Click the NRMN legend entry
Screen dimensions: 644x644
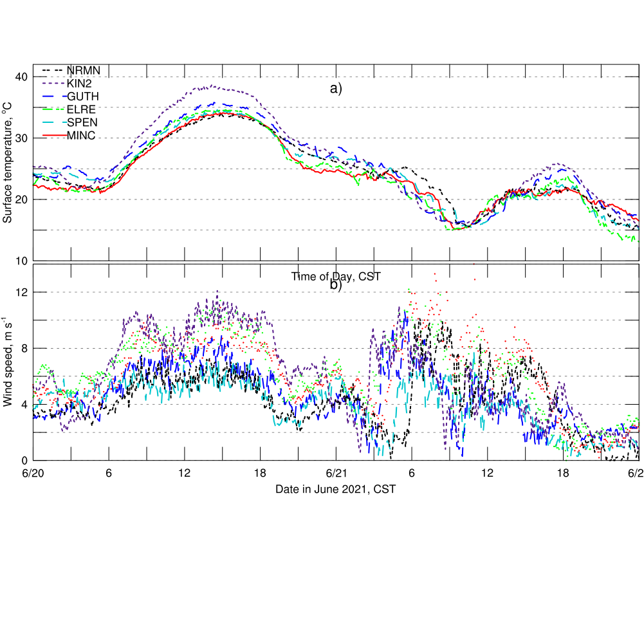pyautogui.click(x=83, y=70)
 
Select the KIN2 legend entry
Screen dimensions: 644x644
pyautogui.click(x=79, y=83)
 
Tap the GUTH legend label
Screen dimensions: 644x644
pyautogui.click(x=83, y=96)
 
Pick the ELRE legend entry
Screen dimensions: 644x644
pyautogui.click(x=81, y=109)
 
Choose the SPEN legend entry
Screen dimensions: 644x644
pyautogui.click(x=82, y=122)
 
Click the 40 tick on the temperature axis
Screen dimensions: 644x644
pyautogui.click(x=21, y=77)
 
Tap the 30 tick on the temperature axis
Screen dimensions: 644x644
pyautogui.click(x=21, y=138)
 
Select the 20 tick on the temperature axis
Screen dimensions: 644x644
pyautogui.click(x=21, y=199)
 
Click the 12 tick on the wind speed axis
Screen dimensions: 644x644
pyautogui.click(x=21, y=292)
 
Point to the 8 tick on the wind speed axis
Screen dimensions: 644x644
pyautogui.click(x=24, y=348)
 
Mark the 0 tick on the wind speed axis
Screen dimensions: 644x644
pyautogui.click(x=24, y=461)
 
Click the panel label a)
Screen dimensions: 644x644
pyautogui.click(x=336, y=89)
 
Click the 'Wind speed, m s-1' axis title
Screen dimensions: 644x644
pyautogui.click(x=8, y=362)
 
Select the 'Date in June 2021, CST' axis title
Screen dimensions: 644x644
pyautogui.click(x=336, y=490)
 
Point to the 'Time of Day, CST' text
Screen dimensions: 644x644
pyautogui.click(x=336, y=277)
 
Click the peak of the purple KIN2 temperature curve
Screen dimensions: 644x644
pyautogui.click(x=212, y=86)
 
